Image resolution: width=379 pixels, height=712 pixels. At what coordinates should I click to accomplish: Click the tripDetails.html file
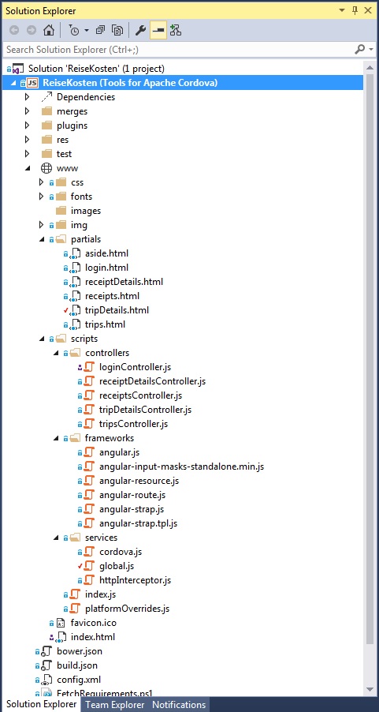(117, 310)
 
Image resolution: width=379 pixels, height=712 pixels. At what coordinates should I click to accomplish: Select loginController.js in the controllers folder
(135, 367)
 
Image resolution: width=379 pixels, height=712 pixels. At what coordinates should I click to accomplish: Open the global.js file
(117, 566)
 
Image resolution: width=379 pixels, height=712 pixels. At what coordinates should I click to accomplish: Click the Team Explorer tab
(115, 705)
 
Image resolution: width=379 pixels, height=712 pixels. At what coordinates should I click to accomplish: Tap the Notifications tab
(179, 705)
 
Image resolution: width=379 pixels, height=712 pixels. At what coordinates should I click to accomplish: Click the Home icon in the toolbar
(49, 31)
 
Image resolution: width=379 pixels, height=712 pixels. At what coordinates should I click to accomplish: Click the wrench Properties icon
(140, 31)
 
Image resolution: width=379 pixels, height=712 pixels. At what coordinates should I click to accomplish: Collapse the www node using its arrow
(28, 168)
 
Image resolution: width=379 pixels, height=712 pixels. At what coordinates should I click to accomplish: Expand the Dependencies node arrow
(28, 97)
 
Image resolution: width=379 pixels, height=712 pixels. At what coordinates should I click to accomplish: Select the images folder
(86, 211)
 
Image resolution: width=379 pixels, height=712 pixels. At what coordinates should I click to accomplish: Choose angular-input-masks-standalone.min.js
(181, 467)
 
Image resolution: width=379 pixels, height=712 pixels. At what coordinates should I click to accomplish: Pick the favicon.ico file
(94, 623)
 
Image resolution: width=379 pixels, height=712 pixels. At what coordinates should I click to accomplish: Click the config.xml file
(79, 680)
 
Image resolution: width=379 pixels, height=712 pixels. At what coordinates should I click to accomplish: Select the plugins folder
(72, 126)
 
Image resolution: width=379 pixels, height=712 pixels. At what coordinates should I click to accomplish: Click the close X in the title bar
(368, 10)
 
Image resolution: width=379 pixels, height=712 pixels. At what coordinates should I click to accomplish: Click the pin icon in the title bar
(355, 10)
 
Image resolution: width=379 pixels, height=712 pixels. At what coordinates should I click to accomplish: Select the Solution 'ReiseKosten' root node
(96, 69)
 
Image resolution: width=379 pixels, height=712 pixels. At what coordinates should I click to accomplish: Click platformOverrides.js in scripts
(127, 609)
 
